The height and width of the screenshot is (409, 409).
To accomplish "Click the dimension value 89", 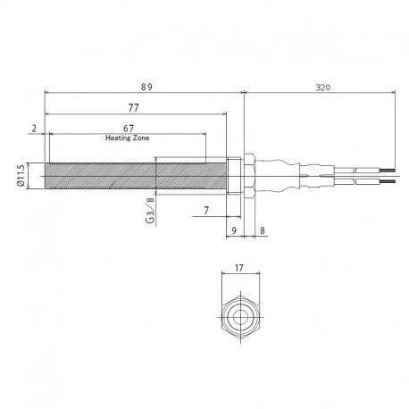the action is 146,87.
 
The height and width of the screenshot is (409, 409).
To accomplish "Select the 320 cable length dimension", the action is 323,88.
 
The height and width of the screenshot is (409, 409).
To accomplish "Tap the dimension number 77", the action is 134,108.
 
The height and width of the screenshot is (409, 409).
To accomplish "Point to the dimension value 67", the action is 129,129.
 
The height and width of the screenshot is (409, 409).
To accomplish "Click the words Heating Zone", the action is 128,138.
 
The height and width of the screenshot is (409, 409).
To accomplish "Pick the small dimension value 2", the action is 35,129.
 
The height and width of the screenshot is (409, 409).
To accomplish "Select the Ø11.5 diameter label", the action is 21,176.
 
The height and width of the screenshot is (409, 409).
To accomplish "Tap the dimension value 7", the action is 206,211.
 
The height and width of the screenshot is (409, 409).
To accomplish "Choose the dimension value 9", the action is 234,230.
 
